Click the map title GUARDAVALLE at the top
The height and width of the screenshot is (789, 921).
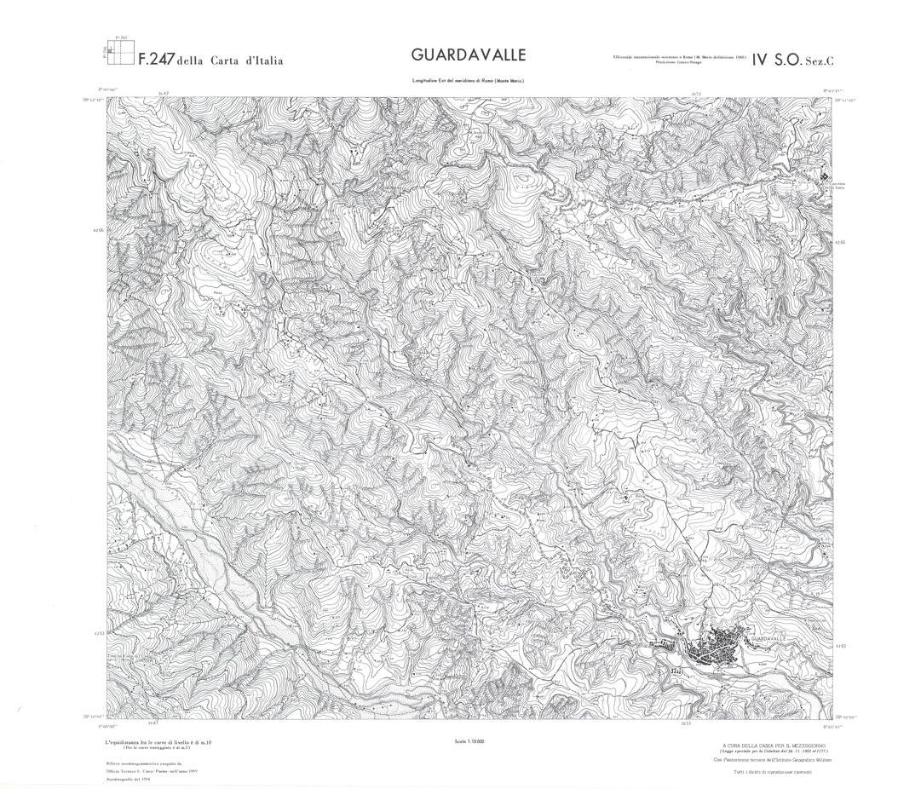pyautogui.click(x=468, y=55)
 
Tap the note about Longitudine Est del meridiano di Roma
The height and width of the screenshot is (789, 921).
pyautogui.click(x=468, y=80)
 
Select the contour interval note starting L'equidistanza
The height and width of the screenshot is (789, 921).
pyautogui.click(x=158, y=744)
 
